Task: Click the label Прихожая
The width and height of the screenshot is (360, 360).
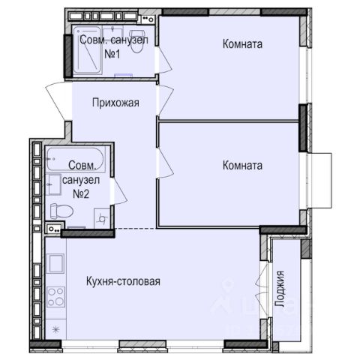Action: coord(115,103)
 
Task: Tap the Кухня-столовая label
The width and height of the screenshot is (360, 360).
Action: coord(123,281)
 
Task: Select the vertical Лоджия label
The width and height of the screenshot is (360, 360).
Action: coord(280,289)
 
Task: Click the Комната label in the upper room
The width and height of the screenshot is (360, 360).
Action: coord(242,44)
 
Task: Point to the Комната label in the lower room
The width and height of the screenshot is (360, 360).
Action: coord(242,166)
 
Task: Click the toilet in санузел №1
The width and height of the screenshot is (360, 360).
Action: coord(136,41)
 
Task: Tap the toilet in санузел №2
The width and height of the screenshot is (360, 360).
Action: coord(61,211)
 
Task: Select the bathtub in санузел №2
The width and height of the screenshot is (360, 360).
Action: coord(75,159)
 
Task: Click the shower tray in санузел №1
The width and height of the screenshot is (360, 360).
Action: coord(87,51)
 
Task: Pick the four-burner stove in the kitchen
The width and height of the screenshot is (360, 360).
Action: coord(56,297)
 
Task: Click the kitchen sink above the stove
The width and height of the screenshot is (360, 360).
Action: coord(55,263)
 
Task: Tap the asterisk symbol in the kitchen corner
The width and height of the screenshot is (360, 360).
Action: coord(56,329)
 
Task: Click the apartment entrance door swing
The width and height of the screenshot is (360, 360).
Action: coord(56,101)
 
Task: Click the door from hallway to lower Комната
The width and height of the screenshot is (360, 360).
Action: coord(166,163)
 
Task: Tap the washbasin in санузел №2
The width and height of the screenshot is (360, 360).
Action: coord(54,184)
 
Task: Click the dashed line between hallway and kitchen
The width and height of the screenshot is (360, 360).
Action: coord(135,229)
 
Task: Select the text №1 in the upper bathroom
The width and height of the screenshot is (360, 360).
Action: coord(112,54)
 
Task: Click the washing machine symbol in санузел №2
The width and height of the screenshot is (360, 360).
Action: coord(102,218)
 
